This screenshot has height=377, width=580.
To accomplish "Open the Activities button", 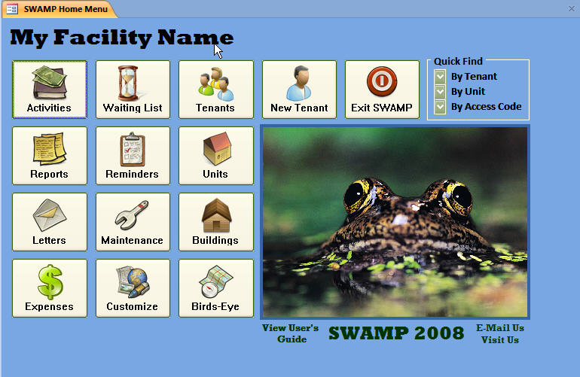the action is coord(50,90).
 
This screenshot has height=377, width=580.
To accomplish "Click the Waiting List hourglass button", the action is coord(133,90).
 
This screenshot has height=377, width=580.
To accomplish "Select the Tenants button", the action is coord(216,90).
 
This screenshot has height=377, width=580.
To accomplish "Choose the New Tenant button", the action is coord(299,90).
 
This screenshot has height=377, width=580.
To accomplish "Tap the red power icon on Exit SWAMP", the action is coord(382,81).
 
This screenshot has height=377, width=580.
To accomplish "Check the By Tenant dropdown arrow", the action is coord(440,77).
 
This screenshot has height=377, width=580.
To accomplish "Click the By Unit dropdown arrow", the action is coord(440,91).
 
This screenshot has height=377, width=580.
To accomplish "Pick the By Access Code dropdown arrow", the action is coord(440,107).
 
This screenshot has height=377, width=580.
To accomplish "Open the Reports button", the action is coord(50,156).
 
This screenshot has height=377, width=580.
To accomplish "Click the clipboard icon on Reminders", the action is coord(132,149).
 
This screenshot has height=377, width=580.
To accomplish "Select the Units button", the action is coord(216,156).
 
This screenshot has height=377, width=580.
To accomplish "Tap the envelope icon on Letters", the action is coord(49,215).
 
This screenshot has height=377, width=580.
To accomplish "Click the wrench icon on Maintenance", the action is coord(132,215).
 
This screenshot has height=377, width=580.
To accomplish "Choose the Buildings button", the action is coord(216,222).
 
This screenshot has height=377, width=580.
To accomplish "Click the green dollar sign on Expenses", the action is coord(50,281).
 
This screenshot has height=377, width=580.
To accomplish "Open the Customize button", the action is coord(133,288).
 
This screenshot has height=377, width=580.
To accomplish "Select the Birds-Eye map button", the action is coord(216,288).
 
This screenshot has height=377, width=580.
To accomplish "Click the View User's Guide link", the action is coord(290,333).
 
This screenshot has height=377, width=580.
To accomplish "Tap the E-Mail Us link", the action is coord(499,328).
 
